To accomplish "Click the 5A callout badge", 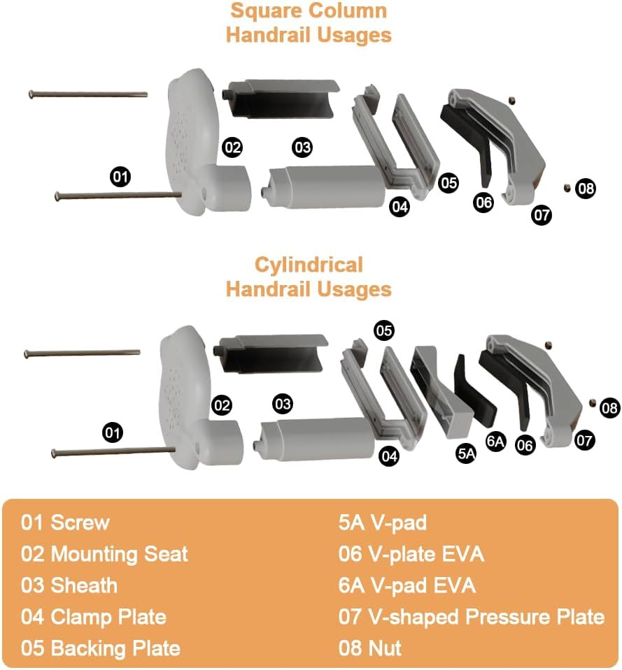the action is coord(467,452).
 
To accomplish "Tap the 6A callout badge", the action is coord(496,442).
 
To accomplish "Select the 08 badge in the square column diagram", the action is coord(586,188).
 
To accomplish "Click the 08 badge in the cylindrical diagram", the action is coord(610,409).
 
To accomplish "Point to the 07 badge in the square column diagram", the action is coord(542,214).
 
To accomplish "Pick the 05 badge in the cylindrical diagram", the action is coord(384,330).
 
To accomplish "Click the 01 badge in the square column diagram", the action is coord(120,177).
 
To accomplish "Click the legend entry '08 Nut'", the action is coord(370,648).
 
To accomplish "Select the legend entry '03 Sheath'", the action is coord(69,585).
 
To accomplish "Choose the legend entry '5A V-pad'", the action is coord(382,523).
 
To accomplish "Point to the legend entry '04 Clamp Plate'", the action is coord(94,616).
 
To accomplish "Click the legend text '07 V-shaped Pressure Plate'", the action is coord(471,616).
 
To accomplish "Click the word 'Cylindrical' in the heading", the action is coord(309,265).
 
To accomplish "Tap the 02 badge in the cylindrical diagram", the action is coord(222,405).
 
